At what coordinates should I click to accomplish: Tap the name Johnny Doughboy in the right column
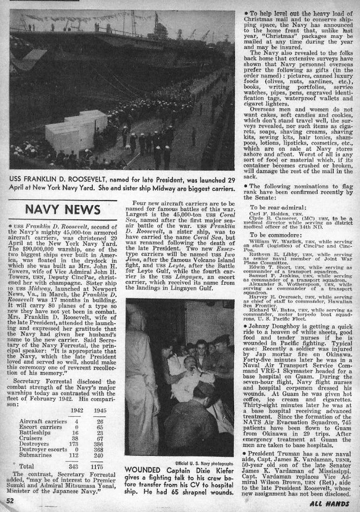tap(278, 328)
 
